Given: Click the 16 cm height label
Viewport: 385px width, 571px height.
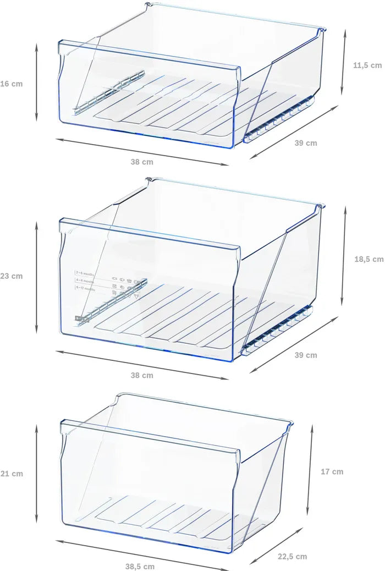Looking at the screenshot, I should click(11, 84).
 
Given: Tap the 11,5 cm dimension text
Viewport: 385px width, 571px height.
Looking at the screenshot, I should click(367, 65).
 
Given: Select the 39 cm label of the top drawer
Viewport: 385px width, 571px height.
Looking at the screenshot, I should click(305, 143).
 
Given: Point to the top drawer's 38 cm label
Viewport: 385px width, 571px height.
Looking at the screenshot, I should click(142, 162).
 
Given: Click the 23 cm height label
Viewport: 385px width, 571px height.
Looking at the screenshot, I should click(11, 276).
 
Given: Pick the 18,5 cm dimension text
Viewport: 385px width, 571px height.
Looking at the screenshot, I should click(369, 259).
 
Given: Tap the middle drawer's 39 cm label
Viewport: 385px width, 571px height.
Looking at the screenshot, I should click(305, 355).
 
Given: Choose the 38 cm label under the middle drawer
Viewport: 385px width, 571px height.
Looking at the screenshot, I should click(142, 376).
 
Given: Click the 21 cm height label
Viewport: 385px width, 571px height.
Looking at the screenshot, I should click(11, 474).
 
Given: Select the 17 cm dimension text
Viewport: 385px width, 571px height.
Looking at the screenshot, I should click(332, 471).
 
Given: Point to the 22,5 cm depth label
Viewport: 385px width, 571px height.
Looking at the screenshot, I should click(293, 557).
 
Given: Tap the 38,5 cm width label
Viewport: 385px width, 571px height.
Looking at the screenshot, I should click(140, 566).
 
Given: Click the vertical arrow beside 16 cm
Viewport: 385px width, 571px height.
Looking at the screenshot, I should click(37, 82).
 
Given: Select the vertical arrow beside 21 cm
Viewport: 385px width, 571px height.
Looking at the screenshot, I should click(37, 473).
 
